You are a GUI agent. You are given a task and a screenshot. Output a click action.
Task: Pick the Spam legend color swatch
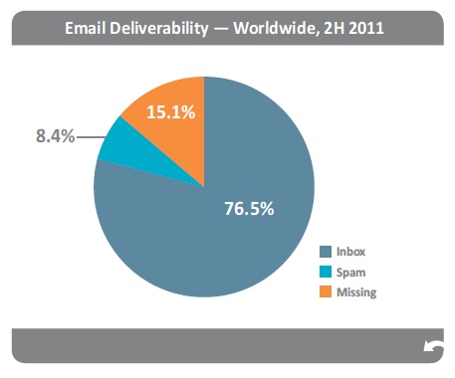325,271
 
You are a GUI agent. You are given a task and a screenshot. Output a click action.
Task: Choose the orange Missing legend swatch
325,291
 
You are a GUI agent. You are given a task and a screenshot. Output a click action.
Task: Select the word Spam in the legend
350,271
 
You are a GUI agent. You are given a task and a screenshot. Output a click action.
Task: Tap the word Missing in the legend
357,291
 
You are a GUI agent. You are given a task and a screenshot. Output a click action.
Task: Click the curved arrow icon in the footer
434,346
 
